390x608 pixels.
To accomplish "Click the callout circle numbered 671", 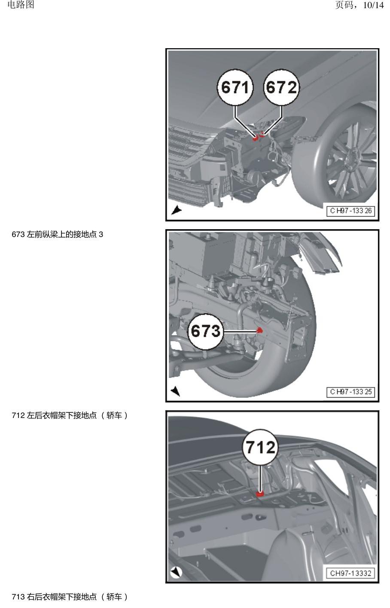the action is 235,87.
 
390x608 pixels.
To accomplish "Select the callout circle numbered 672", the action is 281,87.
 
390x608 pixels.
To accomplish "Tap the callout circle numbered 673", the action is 206,331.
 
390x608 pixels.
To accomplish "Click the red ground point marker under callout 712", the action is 260,494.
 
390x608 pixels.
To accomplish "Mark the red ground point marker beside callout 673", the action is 259,330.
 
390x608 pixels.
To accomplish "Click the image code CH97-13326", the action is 350,211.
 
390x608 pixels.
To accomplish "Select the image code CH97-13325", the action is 350,392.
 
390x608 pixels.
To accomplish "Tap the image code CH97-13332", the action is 350,573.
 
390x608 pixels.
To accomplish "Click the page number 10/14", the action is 373,5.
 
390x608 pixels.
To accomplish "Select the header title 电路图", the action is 21,5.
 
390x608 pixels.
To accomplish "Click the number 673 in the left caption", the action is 18,234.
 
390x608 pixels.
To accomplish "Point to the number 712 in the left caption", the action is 18,415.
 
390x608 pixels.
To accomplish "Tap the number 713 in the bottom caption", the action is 18,596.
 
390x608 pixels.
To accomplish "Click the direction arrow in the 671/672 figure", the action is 176,210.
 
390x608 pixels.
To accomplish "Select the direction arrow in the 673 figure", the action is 176,391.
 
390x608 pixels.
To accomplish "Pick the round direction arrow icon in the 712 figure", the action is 176,572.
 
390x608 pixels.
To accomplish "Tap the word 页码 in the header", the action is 344,5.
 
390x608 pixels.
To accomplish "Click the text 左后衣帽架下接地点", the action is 61,415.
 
